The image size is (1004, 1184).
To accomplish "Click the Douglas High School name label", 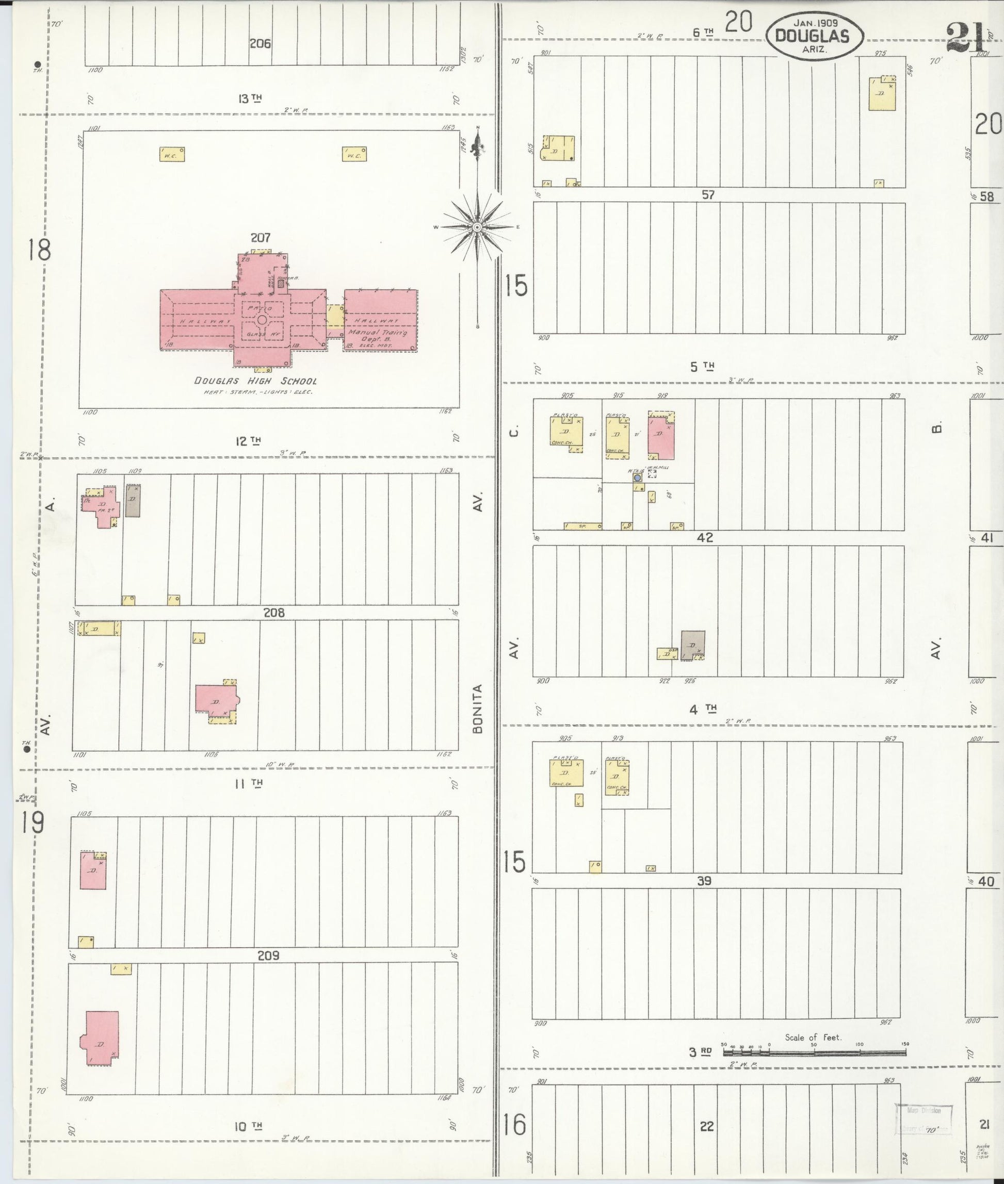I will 255,381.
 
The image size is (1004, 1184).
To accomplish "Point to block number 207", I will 260,237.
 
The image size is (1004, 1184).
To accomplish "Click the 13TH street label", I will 250,98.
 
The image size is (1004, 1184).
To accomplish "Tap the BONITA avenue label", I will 478,709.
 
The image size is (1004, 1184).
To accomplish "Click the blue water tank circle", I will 638,478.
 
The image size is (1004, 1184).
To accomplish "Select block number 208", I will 274,613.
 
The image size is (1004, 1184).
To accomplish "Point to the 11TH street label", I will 249,784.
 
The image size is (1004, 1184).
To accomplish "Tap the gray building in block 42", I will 693,645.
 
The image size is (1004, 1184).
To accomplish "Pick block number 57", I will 707,194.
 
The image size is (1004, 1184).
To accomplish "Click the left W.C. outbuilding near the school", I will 172,154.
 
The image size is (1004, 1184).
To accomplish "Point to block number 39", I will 705,881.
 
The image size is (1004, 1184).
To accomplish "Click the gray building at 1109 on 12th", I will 133,501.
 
